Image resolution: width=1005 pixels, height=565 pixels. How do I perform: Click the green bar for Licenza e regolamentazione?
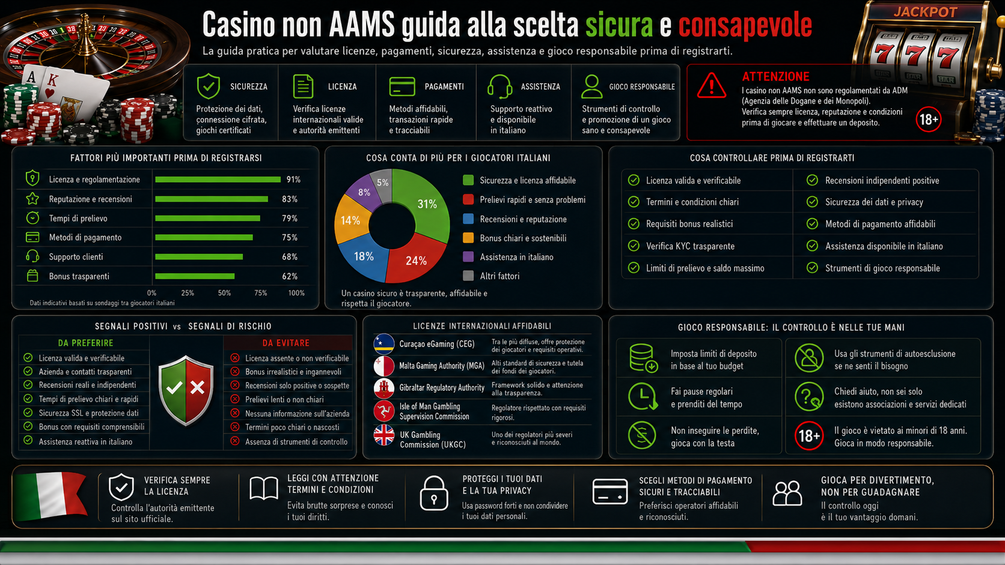(218, 180)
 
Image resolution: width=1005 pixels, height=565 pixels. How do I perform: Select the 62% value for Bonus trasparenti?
(290, 276)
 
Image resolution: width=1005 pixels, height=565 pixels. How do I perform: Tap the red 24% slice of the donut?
(417, 259)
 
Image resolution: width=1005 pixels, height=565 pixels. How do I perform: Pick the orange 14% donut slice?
(351, 220)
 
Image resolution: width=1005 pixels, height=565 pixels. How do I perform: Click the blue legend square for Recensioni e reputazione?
(468, 219)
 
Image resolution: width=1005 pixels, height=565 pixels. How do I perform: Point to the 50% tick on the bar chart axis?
(224, 293)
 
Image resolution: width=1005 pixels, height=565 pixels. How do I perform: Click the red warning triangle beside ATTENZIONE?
(712, 85)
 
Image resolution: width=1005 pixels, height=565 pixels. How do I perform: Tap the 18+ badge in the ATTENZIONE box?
(928, 119)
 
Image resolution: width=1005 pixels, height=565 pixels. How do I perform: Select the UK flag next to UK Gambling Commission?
(384, 435)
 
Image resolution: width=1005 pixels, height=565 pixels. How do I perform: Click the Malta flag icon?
(384, 366)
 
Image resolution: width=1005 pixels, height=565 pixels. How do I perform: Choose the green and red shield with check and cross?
(186, 390)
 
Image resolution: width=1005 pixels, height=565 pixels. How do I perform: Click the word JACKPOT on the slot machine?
(925, 11)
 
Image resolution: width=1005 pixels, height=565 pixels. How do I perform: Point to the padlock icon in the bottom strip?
(434, 494)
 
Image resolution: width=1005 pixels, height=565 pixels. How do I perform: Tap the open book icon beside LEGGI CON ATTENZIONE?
(264, 488)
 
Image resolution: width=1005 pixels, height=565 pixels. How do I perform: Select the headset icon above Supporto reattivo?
(500, 86)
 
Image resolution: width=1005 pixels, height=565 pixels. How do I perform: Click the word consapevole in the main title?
(745, 25)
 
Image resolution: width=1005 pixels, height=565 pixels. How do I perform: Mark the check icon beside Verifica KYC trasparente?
(634, 246)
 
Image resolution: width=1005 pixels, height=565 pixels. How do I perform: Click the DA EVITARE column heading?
(286, 343)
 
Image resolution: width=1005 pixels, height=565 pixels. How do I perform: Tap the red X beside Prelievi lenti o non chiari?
(234, 399)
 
